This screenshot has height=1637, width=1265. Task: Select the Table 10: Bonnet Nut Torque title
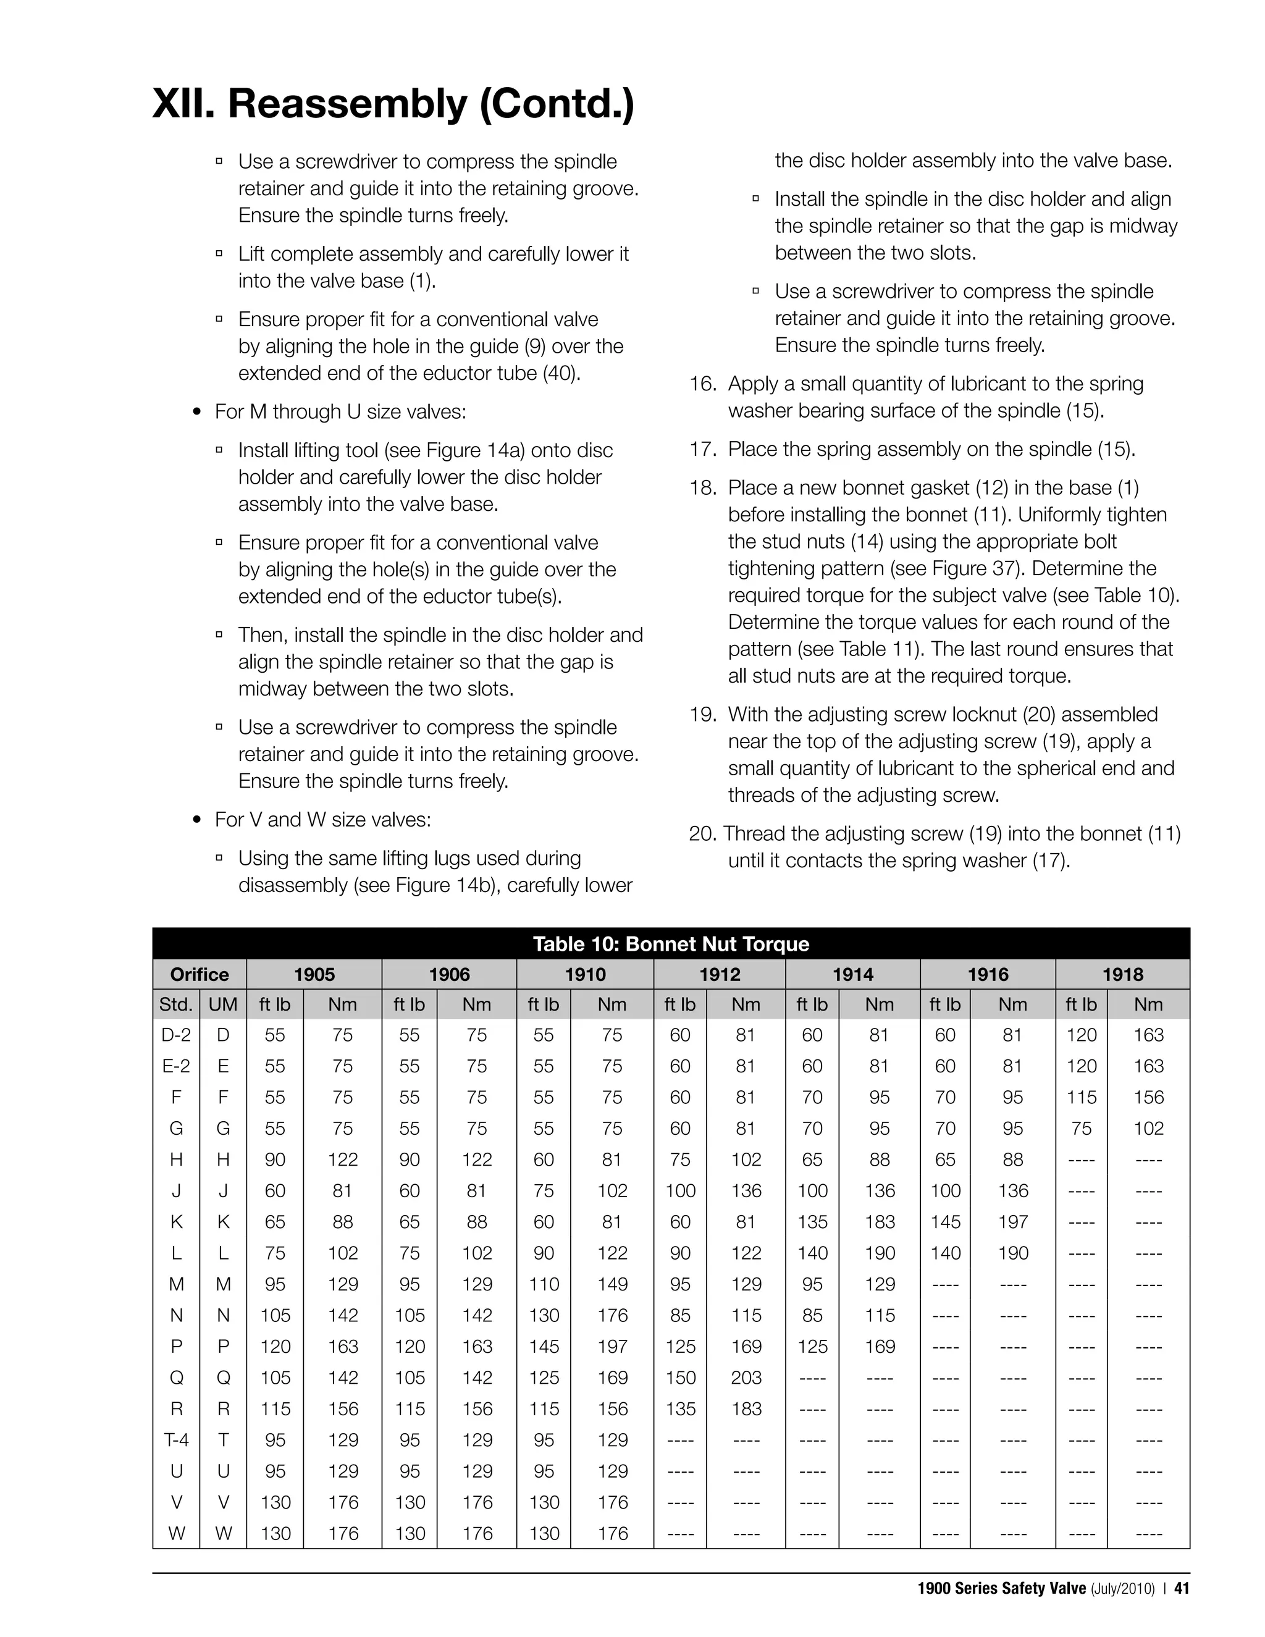pyautogui.click(x=671, y=944)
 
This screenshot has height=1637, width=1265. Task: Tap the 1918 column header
pyautogui.click(x=1122, y=974)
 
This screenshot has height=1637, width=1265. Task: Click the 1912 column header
pyautogui.click(x=720, y=974)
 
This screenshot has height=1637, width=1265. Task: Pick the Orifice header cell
pyautogui.click(x=200, y=974)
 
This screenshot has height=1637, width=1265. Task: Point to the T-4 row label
pyautogui.click(x=176, y=1440)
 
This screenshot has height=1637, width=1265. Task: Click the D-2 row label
pyautogui.click(x=176, y=1035)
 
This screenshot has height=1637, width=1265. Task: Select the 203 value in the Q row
pyautogui.click(x=746, y=1378)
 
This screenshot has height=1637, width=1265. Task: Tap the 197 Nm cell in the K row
pyautogui.click(x=1012, y=1222)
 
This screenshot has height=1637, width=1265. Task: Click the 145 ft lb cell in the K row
pyautogui.click(x=945, y=1222)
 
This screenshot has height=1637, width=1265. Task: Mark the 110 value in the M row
pyautogui.click(x=544, y=1284)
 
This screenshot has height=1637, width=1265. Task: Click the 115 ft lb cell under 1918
pyautogui.click(x=1082, y=1097)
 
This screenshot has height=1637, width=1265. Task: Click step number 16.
pyautogui.click(x=703, y=384)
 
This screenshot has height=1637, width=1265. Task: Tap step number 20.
pyautogui.click(x=704, y=833)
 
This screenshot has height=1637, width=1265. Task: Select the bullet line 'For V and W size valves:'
pyautogui.click(x=322, y=819)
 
